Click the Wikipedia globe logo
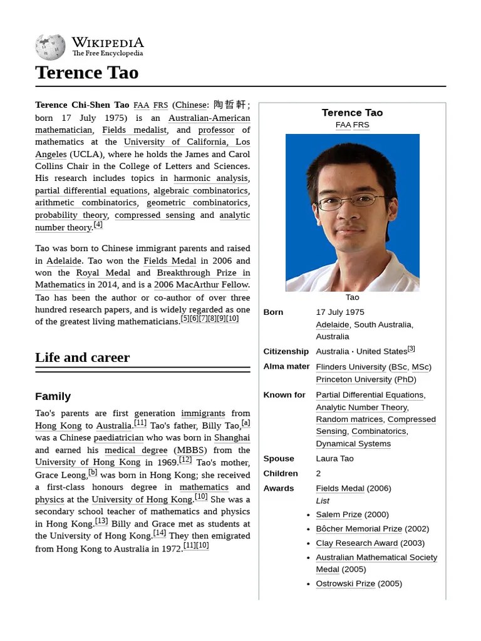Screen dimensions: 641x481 (50, 46)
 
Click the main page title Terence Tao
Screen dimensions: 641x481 (86, 73)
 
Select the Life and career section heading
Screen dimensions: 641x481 (82, 357)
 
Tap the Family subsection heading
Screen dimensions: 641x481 (53, 396)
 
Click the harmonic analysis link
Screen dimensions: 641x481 (210, 178)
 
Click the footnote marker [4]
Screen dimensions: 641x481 (98, 225)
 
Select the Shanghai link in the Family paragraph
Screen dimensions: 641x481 (232, 438)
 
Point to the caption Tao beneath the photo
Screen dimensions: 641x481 (352, 297)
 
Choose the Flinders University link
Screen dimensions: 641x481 (351, 367)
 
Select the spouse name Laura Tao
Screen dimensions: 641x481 (334, 458)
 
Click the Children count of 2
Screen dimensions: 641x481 (318, 473)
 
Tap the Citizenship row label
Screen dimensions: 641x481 (286, 351)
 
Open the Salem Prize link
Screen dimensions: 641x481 (339, 515)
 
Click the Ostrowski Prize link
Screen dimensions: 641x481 (345, 583)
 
